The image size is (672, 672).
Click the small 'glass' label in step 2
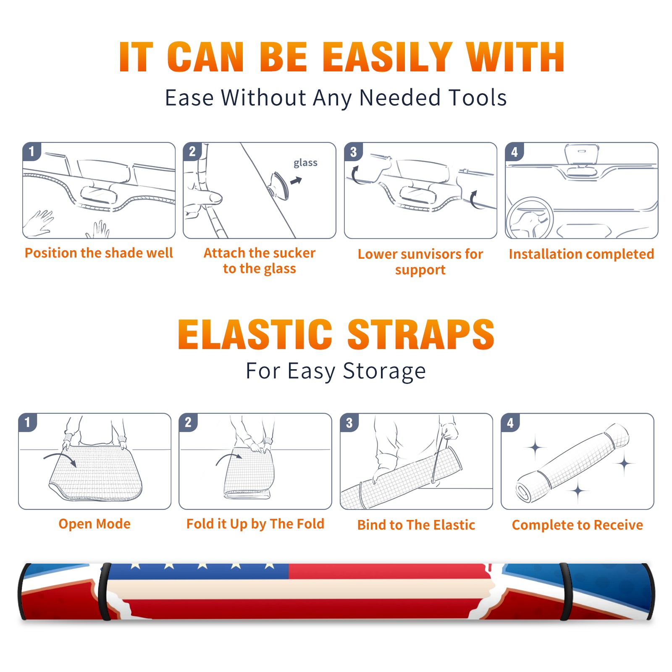coord(305,163)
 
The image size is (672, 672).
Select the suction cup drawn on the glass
coord(279,185)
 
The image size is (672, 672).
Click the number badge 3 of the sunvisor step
coord(353,152)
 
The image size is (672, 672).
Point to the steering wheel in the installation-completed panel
coord(530,218)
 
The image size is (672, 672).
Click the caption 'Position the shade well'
coord(99,253)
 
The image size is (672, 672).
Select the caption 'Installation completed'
coord(581,254)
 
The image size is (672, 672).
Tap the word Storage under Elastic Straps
coord(384,371)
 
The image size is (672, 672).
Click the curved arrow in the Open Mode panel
coord(60,458)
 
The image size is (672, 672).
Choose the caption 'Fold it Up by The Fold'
coord(255,524)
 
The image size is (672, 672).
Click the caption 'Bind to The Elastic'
coord(416,525)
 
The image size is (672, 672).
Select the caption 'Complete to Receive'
coord(577,525)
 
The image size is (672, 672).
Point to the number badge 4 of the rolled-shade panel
coord(510,423)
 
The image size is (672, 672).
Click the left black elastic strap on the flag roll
coord(105,591)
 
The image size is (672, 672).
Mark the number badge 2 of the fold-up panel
coord(188,423)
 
